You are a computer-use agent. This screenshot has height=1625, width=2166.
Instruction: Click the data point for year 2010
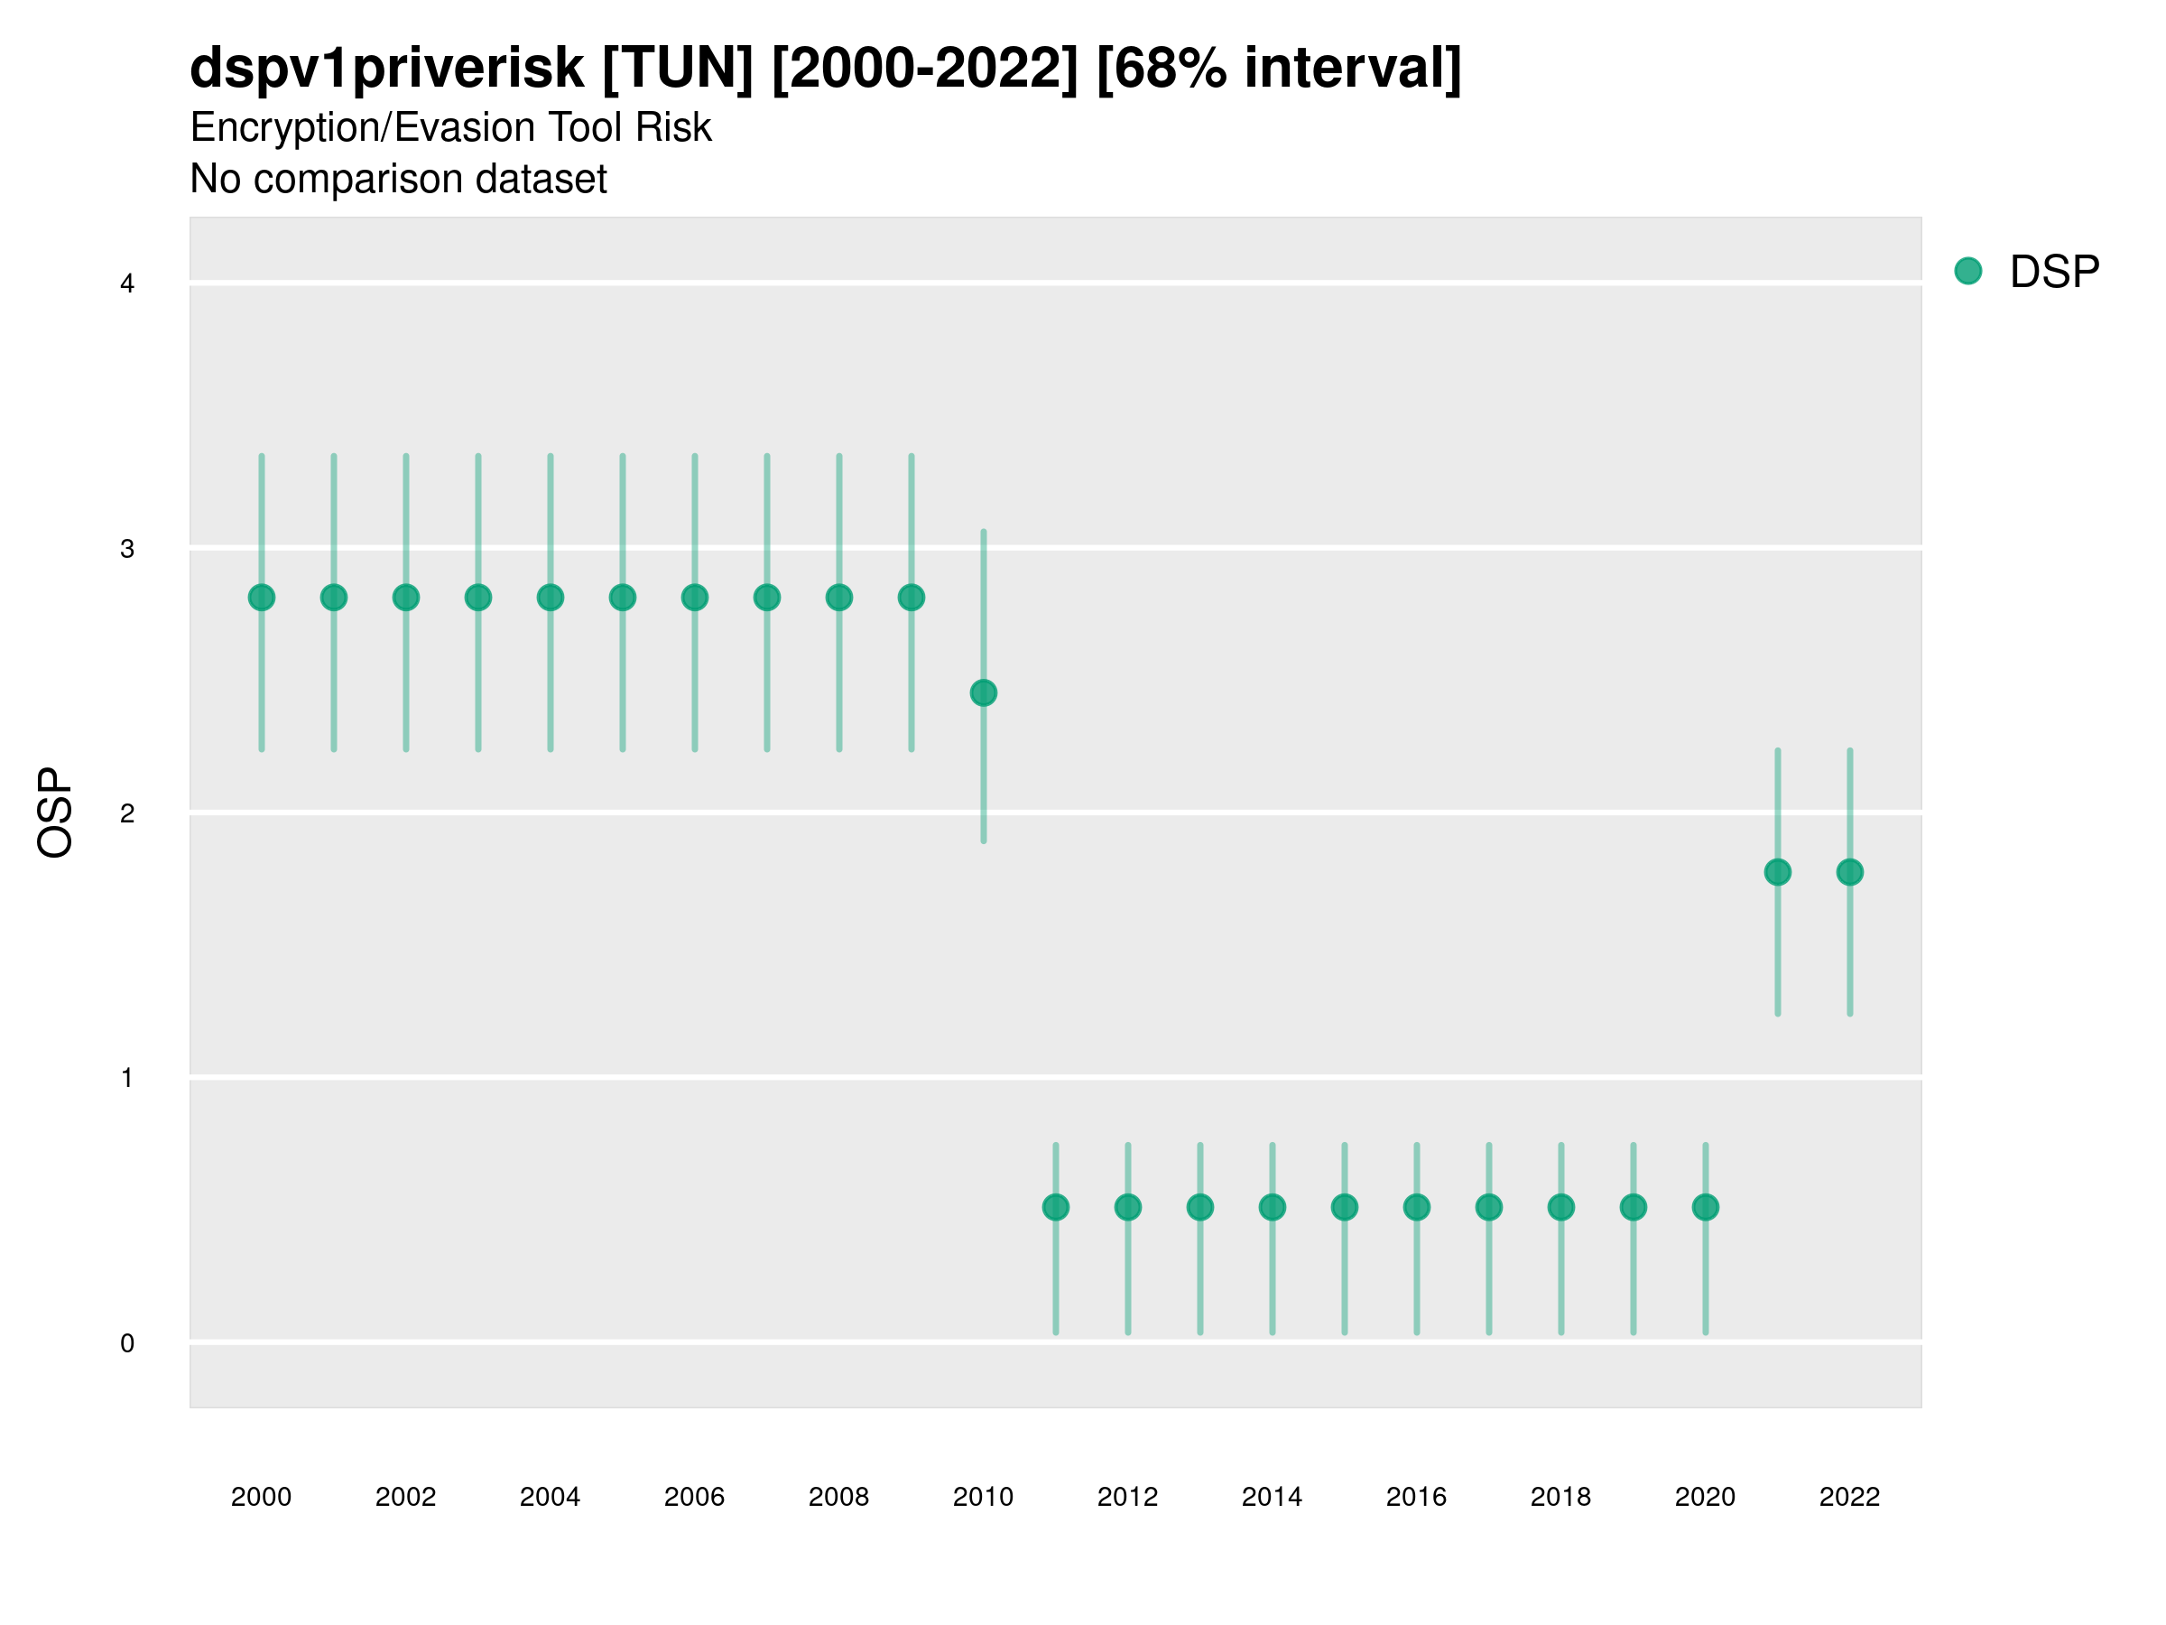(x=983, y=692)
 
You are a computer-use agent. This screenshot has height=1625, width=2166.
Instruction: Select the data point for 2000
(x=262, y=598)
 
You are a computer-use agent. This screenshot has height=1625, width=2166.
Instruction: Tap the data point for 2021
(x=1777, y=872)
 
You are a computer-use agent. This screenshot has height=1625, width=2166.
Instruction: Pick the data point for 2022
(x=1850, y=872)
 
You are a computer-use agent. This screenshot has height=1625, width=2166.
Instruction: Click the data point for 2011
(x=1056, y=1207)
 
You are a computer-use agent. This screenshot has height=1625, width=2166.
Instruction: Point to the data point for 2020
(x=1705, y=1207)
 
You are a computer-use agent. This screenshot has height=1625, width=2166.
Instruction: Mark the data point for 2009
(x=911, y=598)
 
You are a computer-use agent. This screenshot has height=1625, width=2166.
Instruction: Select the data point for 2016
(x=1416, y=1207)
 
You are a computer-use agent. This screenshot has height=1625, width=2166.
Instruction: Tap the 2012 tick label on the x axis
(x=1127, y=1496)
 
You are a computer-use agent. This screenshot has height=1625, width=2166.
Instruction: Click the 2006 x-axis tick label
(x=694, y=1496)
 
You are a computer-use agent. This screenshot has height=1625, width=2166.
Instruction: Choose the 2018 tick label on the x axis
(x=1560, y=1496)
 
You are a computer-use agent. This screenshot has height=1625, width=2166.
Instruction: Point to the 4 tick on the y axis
(x=127, y=284)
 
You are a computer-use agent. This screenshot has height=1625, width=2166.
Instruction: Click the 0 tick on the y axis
(x=127, y=1343)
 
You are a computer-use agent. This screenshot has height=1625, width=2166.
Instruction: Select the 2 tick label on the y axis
(x=127, y=813)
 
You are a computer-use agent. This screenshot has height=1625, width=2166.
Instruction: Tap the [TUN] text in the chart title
(x=678, y=69)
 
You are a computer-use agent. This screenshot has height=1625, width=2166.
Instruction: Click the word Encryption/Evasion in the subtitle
(x=360, y=127)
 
